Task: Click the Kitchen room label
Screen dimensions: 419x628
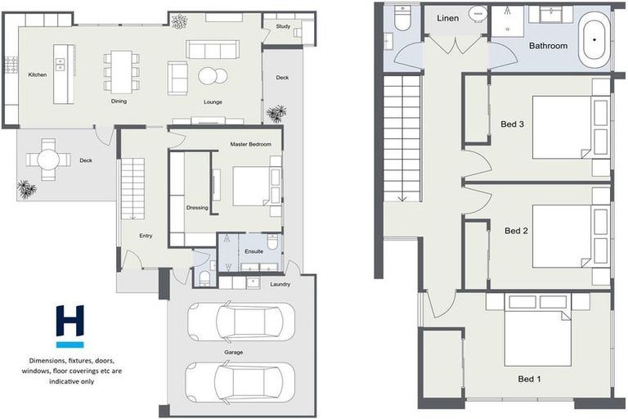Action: [x=38, y=74]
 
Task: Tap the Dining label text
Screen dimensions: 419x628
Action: [x=121, y=102]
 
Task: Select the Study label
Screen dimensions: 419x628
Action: [x=284, y=26]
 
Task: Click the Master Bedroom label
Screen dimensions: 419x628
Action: [x=250, y=144]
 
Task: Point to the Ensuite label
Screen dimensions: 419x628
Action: [x=253, y=251]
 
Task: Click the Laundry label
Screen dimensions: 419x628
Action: [x=280, y=285]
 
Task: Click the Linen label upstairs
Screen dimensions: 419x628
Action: [x=448, y=18]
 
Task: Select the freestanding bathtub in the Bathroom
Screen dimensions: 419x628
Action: [x=594, y=42]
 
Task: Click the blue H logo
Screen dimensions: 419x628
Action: [x=70, y=323]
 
